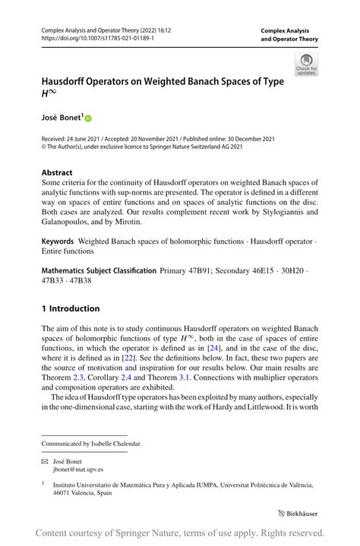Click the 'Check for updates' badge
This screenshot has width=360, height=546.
pos(306,65)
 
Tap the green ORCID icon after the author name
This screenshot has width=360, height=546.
pos(88,119)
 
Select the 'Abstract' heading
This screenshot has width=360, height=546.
pos(58,172)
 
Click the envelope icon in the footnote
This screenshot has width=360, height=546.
pos(46,459)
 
